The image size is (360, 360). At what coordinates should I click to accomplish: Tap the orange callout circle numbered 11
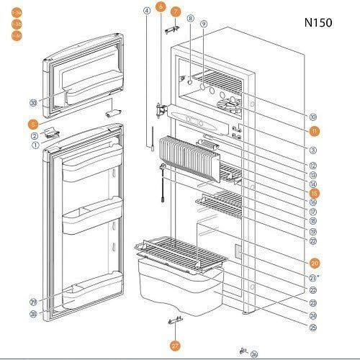[x=315, y=131]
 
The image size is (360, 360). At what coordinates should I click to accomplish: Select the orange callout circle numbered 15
[x=314, y=193]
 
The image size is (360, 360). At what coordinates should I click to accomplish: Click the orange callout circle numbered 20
[x=315, y=263]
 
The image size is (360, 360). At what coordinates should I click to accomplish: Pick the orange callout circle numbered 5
[x=33, y=125]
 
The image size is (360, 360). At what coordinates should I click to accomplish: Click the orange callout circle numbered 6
[x=160, y=6]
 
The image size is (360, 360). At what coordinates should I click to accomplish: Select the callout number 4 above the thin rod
[x=147, y=11]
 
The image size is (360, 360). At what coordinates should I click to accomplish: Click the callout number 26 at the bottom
[x=253, y=354]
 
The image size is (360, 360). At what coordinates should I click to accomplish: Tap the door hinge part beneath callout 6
[x=163, y=109]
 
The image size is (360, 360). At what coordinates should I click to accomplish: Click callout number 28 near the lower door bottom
[x=34, y=313]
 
